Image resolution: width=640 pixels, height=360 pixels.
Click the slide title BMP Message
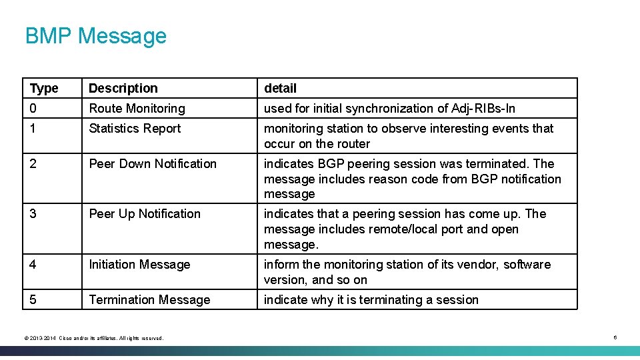click(95, 35)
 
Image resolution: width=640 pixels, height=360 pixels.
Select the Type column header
click(44, 89)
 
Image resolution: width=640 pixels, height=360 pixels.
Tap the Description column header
click(123, 89)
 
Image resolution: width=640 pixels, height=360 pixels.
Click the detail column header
click(280, 89)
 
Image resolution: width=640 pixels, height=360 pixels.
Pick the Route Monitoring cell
click(137, 109)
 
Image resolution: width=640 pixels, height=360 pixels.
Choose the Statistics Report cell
click(135, 129)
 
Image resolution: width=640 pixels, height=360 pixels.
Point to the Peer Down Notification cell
click(153, 164)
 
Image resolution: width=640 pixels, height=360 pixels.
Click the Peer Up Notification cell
click(145, 214)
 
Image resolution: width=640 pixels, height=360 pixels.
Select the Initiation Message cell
click(139, 265)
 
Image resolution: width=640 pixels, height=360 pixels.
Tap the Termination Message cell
click(149, 300)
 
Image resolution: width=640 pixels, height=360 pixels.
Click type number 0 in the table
click(33, 109)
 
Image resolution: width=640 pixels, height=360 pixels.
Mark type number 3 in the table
click(33, 214)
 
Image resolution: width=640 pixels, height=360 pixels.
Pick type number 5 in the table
click(33, 300)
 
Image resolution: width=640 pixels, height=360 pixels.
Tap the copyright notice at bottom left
click(93, 339)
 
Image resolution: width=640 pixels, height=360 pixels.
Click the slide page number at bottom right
click(615, 338)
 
